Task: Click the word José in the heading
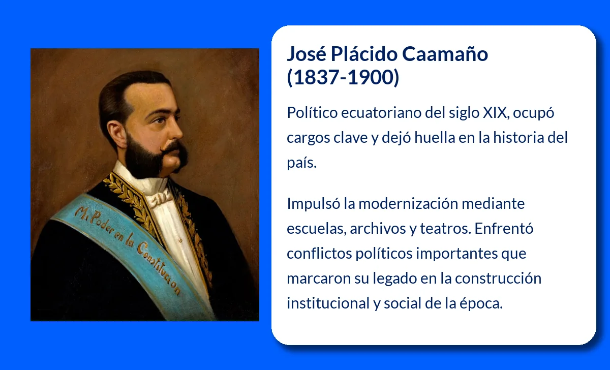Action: point(305,54)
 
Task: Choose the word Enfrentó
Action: point(497,229)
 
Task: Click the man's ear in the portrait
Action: point(115,135)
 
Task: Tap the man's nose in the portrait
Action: point(175,130)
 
